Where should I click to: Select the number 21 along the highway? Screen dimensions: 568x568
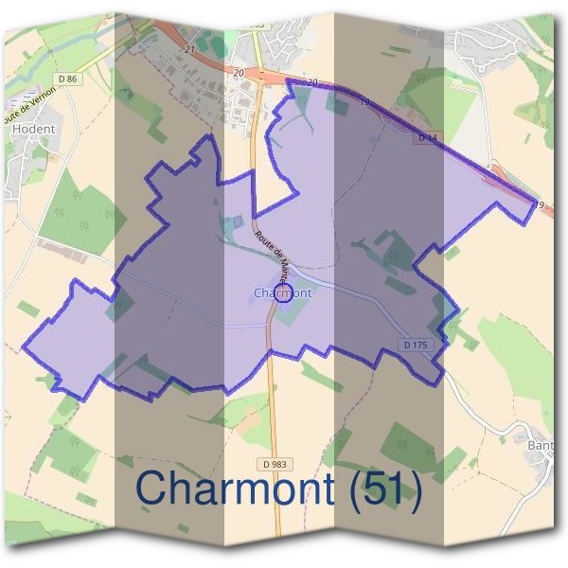(x=190, y=49)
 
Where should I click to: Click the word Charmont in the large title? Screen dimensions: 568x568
(x=234, y=488)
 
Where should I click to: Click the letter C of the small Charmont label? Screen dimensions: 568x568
(x=257, y=293)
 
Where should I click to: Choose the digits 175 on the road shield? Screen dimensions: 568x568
(x=421, y=345)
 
